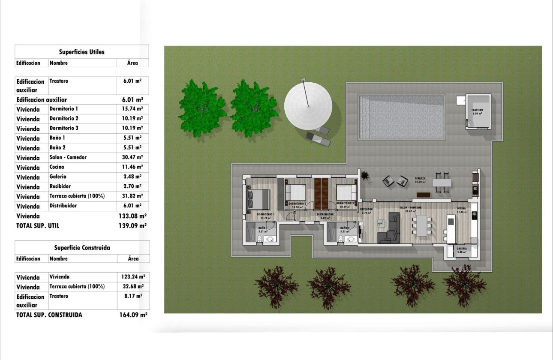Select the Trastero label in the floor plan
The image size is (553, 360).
[x=478, y=110]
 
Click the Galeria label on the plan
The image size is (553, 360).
[x=462, y=249]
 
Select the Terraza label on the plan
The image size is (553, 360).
[x=420, y=178]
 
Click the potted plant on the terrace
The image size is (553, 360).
[x=365, y=176]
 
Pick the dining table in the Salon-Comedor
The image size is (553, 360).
[x=422, y=225]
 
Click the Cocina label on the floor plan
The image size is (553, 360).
[x=461, y=208]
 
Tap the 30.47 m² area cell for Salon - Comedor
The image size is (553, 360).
[x=132, y=157]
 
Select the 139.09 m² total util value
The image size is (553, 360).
[x=132, y=225]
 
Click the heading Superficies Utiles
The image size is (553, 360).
[x=81, y=52]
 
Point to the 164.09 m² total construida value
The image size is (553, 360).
[x=133, y=315]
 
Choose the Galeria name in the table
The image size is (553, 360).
[x=58, y=177]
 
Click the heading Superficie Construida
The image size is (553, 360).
[x=82, y=248]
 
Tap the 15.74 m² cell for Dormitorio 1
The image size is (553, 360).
[x=132, y=109]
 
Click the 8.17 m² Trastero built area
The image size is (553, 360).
[x=133, y=296]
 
